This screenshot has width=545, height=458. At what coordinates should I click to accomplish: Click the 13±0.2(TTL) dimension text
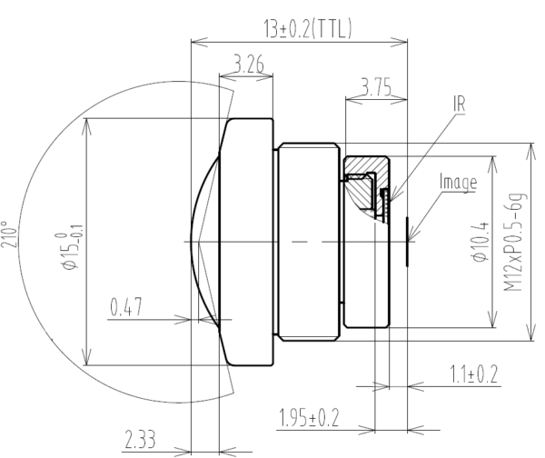click(x=308, y=29)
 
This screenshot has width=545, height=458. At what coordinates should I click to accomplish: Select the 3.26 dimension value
click(x=248, y=65)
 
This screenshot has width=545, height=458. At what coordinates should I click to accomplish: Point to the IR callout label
click(x=460, y=105)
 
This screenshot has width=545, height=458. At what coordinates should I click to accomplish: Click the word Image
click(x=458, y=183)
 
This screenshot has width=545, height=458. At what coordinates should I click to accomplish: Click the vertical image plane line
click(x=408, y=241)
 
